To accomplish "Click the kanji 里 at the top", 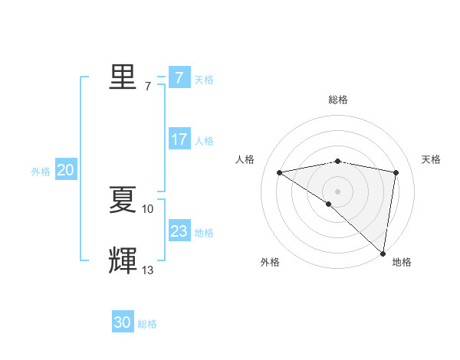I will tap(122, 77).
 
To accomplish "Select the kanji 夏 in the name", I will tap(122, 201).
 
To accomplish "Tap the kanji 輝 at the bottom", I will tap(122, 260).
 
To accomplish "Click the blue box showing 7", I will tap(179, 77).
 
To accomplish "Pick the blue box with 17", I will tap(179, 139).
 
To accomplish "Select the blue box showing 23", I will tap(179, 231).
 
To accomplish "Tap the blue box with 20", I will tap(65, 171).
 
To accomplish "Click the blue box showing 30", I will tap(122, 322).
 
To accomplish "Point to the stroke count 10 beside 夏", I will tap(148, 208).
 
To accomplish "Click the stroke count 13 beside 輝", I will tap(148, 270).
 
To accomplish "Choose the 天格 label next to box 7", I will tap(204, 79).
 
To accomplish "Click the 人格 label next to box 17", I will tap(204, 141).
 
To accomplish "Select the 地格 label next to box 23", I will tap(204, 233).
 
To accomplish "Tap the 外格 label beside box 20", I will tap(41, 172).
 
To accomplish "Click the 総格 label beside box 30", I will tap(147, 324).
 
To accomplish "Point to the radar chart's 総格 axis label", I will tap(337, 100).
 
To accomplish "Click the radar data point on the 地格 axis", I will tap(383, 253).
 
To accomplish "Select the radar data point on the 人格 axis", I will tap(280, 172).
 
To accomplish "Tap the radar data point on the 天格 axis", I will tap(396, 172).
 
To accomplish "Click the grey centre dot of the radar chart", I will tap(337, 191).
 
